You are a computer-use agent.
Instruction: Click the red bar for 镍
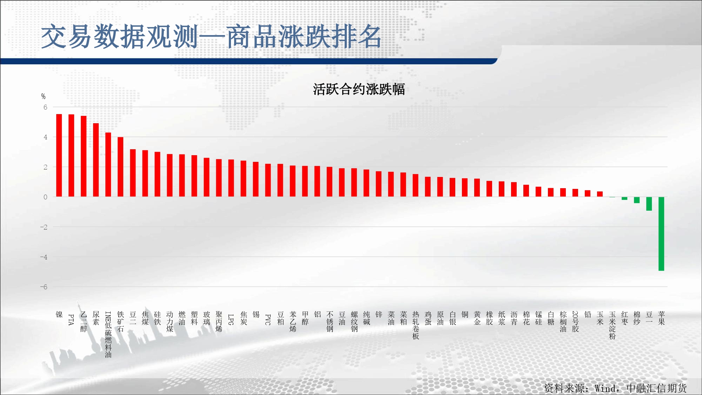tap(59, 155)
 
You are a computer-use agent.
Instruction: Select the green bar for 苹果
tap(661, 234)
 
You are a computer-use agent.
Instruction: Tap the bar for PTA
tap(71, 156)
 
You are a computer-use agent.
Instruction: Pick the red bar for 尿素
tap(96, 160)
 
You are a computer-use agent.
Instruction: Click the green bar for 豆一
tap(649, 204)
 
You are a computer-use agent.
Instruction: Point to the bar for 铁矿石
tap(120, 167)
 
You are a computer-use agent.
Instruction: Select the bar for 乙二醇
tap(84, 156)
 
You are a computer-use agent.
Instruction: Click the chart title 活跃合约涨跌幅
tap(359, 89)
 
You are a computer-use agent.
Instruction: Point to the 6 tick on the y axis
tap(45, 107)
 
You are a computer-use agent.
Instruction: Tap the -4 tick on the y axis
tap(44, 257)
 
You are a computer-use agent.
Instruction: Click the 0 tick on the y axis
tap(45, 197)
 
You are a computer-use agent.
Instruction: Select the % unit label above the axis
tap(43, 96)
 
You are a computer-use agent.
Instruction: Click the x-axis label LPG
tap(231, 320)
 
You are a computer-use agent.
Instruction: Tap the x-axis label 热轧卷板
tap(416, 325)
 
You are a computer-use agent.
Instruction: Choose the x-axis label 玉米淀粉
tap(612, 325)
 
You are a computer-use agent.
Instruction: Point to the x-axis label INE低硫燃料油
tap(108, 335)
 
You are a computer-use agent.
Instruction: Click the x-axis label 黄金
tap(477, 318)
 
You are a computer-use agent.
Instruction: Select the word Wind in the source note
tap(605, 388)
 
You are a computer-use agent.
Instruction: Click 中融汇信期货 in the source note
tap(657, 388)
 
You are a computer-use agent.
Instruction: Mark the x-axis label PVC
tap(268, 320)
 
